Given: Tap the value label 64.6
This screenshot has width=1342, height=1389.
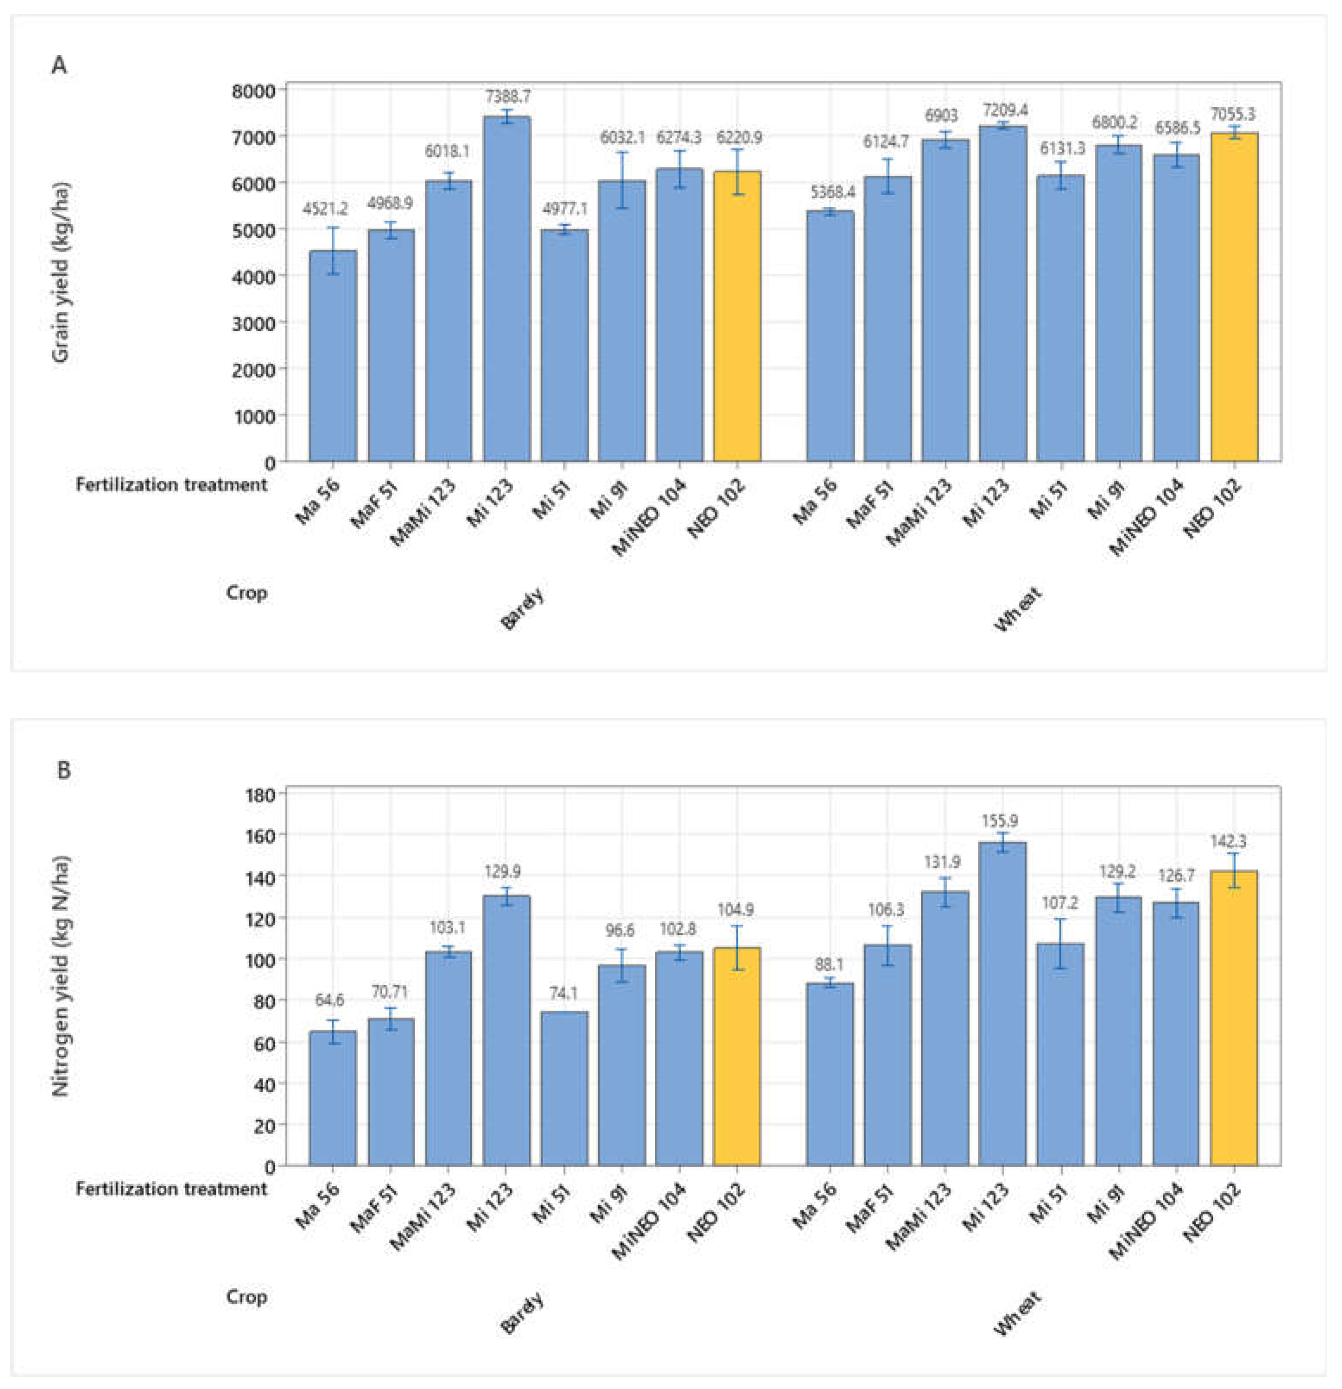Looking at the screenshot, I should (330, 1000).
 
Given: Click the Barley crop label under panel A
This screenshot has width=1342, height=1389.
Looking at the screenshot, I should (523, 609).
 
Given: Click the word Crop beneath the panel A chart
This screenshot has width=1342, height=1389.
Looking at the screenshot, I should (247, 592).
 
